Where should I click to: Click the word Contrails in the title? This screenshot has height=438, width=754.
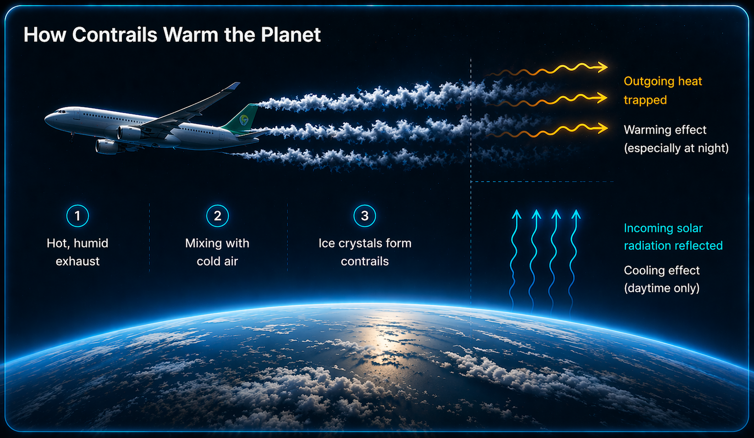[115, 34]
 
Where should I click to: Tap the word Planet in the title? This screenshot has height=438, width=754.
[291, 34]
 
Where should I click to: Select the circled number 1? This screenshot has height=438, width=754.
[77, 216]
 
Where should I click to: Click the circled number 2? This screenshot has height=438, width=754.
[217, 216]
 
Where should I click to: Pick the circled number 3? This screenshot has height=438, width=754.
[364, 216]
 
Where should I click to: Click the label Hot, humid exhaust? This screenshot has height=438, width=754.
[77, 252]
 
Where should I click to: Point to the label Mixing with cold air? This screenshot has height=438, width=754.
[217, 252]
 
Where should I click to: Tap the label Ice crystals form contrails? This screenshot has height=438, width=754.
[365, 252]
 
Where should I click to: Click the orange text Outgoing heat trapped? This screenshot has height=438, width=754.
[662, 91]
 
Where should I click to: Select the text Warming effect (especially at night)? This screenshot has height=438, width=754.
[676, 139]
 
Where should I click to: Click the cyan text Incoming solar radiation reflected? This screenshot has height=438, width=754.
[673, 237]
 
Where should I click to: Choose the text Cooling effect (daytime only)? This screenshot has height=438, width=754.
[662, 279]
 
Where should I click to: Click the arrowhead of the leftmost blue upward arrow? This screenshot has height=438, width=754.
[517, 214]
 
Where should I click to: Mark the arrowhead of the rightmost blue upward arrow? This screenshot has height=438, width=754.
[576, 214]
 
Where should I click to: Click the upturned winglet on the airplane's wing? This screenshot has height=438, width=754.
[232, 87]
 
